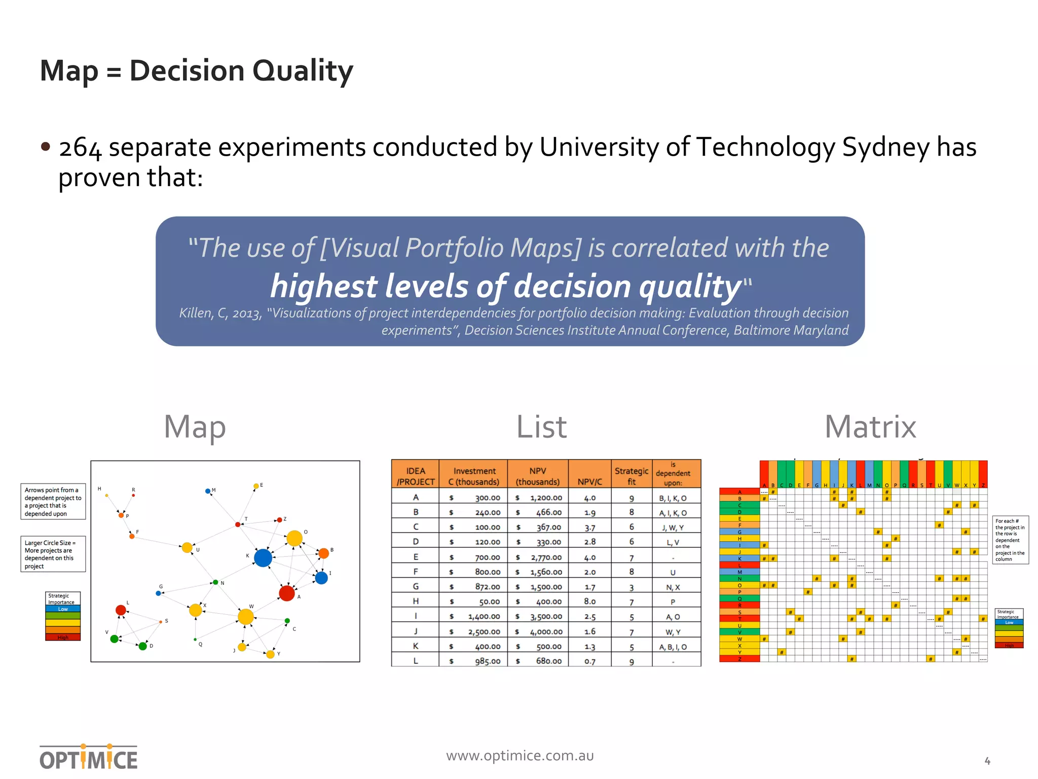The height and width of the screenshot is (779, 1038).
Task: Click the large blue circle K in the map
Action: (x=263, y=558)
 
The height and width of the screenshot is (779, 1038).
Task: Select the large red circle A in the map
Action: (x=287, y=593)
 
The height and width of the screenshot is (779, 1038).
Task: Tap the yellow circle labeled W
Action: (x=246, y=617)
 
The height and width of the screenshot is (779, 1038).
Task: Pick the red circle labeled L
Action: (x=121, y=610)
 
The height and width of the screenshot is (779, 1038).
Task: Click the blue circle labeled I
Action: (x=321, y=578)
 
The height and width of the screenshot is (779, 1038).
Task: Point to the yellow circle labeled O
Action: (x=294, y=538)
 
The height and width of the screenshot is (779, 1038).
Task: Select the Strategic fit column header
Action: (x=632, y=476)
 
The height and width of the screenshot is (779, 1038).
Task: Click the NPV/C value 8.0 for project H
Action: (x=589, y=601)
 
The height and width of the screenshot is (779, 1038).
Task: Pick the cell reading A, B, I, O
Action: (x=673, y=647)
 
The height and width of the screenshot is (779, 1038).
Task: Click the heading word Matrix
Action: (x=870, y=427)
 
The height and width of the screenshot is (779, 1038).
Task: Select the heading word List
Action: (x=541, y=427)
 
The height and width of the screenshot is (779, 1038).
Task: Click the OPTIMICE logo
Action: (x=89, y=758)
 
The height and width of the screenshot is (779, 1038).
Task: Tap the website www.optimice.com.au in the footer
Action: (x=520, y=756)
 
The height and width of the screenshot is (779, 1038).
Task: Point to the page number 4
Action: (x=987, y=761)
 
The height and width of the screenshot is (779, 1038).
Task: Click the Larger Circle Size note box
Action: (x=53, y=554)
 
